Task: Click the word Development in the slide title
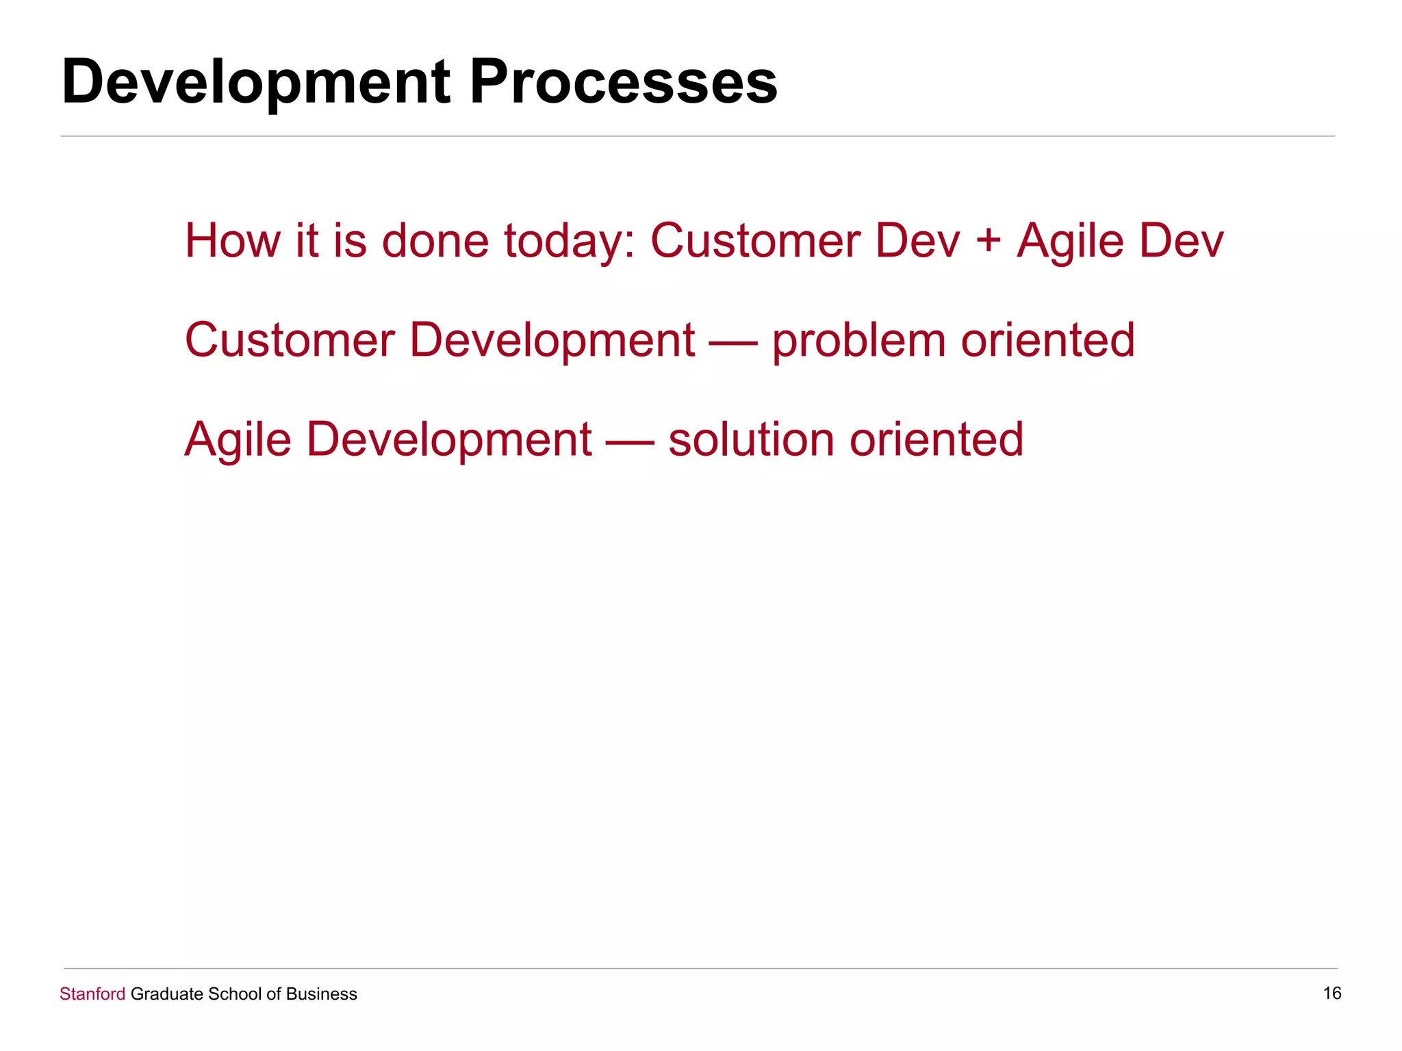point(255,83)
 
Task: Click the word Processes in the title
point(623,82)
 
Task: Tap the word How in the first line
point(232,241)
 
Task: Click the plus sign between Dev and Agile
point(988,242)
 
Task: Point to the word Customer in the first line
point(755,241)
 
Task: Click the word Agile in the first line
point(1070,242)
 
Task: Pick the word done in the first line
point(435,241)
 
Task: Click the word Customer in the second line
point(290,340)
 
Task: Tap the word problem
point(858,341)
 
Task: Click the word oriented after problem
point(1047,340)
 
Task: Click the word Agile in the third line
point(238,440)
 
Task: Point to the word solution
point(751,439)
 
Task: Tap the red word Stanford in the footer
point(92,994)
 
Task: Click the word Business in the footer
point(321,994)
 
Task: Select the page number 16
point(1331,993)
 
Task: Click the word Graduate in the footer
point(166,994)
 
